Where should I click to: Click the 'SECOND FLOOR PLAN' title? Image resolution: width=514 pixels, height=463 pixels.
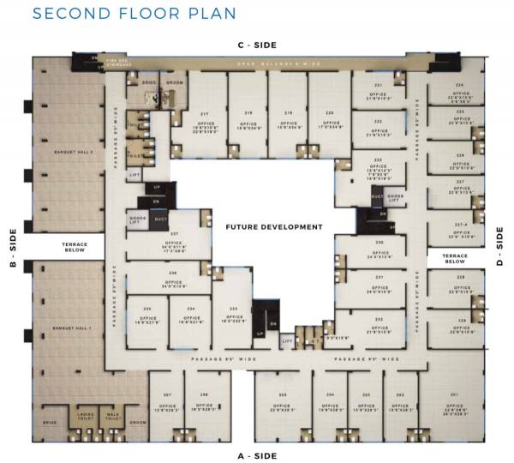click(x=134, y=15)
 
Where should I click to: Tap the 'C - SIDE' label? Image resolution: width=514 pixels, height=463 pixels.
click(x=257, y=45)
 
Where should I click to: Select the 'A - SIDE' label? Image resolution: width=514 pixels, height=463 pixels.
click(x=257, y=456)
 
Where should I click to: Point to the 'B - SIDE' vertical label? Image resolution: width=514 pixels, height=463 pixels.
click(x=12, y=249)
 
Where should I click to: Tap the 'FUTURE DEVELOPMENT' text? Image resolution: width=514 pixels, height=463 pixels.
click(x=274, y=227)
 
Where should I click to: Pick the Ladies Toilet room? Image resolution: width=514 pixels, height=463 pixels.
click(x=86, y=416)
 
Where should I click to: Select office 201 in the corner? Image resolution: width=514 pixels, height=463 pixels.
click(x=454, y=403)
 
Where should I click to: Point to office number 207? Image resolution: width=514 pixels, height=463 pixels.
click(x=167, y=401)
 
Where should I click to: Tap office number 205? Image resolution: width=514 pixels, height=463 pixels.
click(x=281, y=401)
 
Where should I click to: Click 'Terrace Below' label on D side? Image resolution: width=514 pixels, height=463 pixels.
click(x=454, y=258)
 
